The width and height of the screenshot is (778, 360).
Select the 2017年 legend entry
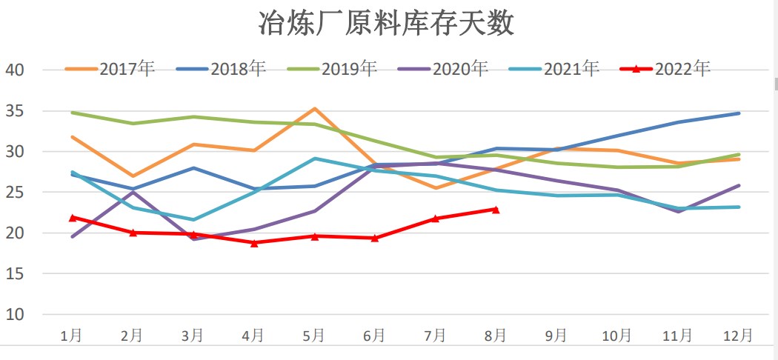tap(110, 69)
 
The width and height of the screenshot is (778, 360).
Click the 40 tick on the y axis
tap(16, 70)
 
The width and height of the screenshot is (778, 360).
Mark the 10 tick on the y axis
tap(16, 314)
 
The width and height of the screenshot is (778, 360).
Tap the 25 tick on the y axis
tap(16, 193)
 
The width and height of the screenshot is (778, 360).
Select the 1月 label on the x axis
tap(72, 336)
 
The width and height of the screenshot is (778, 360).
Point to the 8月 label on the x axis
tap(496, 336)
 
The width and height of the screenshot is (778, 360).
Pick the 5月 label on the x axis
tap(314, 336)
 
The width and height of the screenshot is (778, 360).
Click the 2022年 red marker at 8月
tap(496, 210)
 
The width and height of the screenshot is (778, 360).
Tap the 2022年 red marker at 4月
tap(254, 242)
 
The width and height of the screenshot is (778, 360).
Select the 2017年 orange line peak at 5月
tap(315, 109)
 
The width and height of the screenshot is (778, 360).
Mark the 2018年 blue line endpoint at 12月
tap(739, 113)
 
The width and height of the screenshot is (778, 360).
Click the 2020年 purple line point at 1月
tap(72, 237)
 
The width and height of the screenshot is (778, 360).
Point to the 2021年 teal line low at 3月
tap(193, 220)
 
